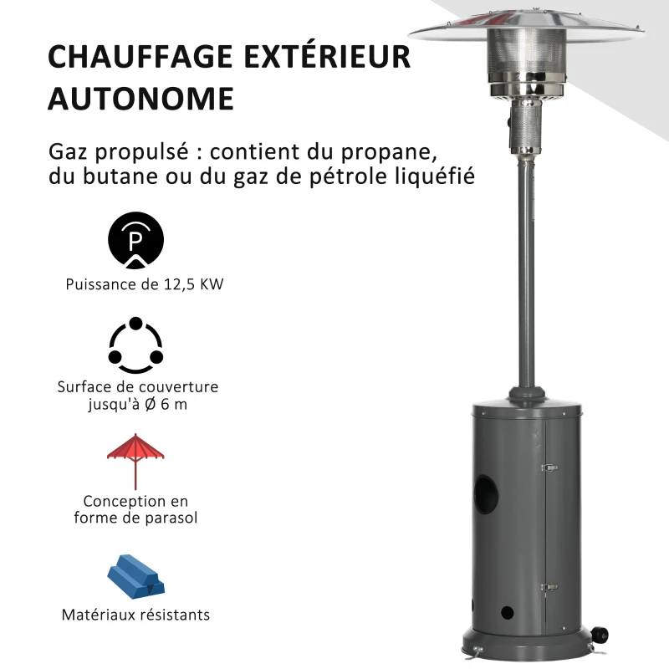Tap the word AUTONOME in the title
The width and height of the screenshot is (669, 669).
coord(140,98)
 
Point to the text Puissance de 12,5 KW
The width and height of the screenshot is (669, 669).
coord(145,284)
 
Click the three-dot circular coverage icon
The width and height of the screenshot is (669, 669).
coord(135,346)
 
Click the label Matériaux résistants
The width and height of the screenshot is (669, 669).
coord(135,615)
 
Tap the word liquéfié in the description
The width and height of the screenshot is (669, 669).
coord(443,177)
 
